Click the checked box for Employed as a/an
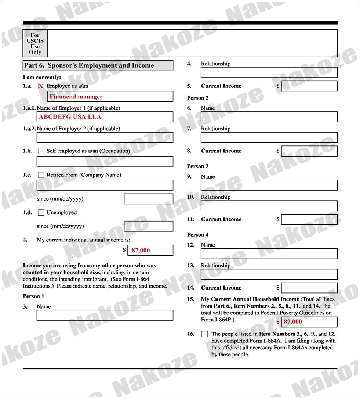pos(41,86)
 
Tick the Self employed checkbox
pos(41,151)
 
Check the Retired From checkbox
pos(41,175)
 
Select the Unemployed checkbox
pos(41,212)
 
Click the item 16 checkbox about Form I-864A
pos(204,334)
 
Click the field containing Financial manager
pos(110,97)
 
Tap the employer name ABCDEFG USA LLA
pos(105,117)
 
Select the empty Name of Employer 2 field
pos(105,137)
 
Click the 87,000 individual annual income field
pos(150,250)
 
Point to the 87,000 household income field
pos(309,322)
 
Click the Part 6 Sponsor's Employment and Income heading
pos(98,65)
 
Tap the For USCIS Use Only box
pos(35,44)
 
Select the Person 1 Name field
pos(105,315)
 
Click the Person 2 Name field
pos(269,117)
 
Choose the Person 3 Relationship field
pos(269,206)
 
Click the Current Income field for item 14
pos(309,288)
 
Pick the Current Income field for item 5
pos(309,86)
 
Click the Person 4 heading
pos(198,235)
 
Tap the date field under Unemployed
pos(148,226)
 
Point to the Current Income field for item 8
pos(309,151)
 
